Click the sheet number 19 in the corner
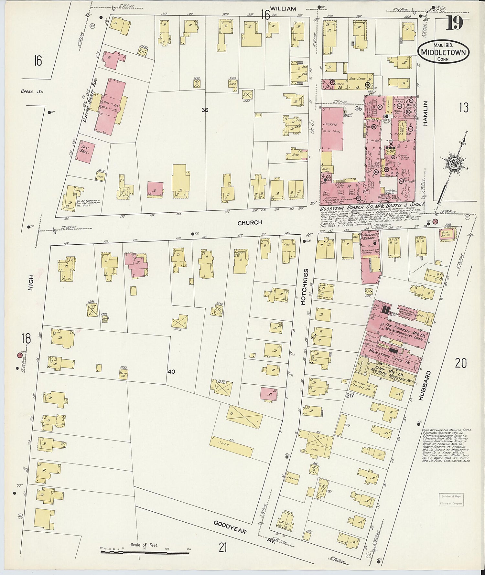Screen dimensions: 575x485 [454, 23]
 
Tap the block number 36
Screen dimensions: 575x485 [204, 110]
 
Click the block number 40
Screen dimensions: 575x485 [171, 372]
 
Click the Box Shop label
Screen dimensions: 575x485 [357, 79]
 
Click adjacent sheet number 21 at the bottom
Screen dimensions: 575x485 [222, 548]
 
